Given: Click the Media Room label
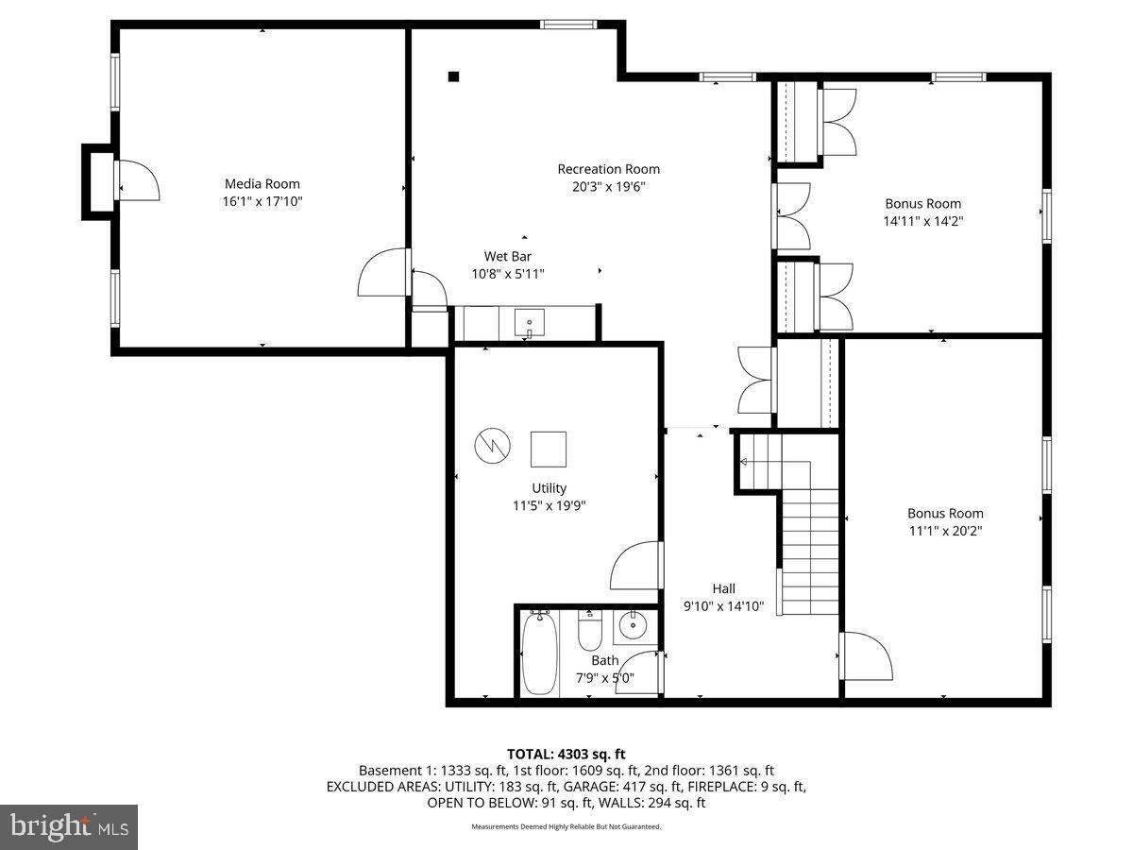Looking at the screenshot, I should coord(262,183).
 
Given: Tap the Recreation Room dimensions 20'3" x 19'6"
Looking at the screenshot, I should coord(608,187).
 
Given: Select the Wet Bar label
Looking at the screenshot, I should coord(508,256).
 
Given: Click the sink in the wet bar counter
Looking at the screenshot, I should coord(530,324).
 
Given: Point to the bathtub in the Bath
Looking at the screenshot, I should coord(538,653).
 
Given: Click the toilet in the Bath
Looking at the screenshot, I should coord(590,630).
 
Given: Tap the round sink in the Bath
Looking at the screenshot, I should coord(630,624).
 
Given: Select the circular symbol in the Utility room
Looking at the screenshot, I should coord(492,445).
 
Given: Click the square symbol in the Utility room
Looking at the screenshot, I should coord(549,449).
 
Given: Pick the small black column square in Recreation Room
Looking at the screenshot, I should coord(453,76).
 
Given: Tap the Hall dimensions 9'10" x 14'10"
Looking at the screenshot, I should coord(723,606).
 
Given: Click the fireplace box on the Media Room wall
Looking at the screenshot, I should coord(98,181).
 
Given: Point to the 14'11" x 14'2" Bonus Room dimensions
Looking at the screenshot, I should coord(922,221).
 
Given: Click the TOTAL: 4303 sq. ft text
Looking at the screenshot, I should coord(566,754).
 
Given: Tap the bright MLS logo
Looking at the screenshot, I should coord(69,827).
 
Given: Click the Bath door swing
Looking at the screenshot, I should coord(639,672).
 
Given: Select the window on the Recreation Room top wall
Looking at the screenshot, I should coord(568,25).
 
